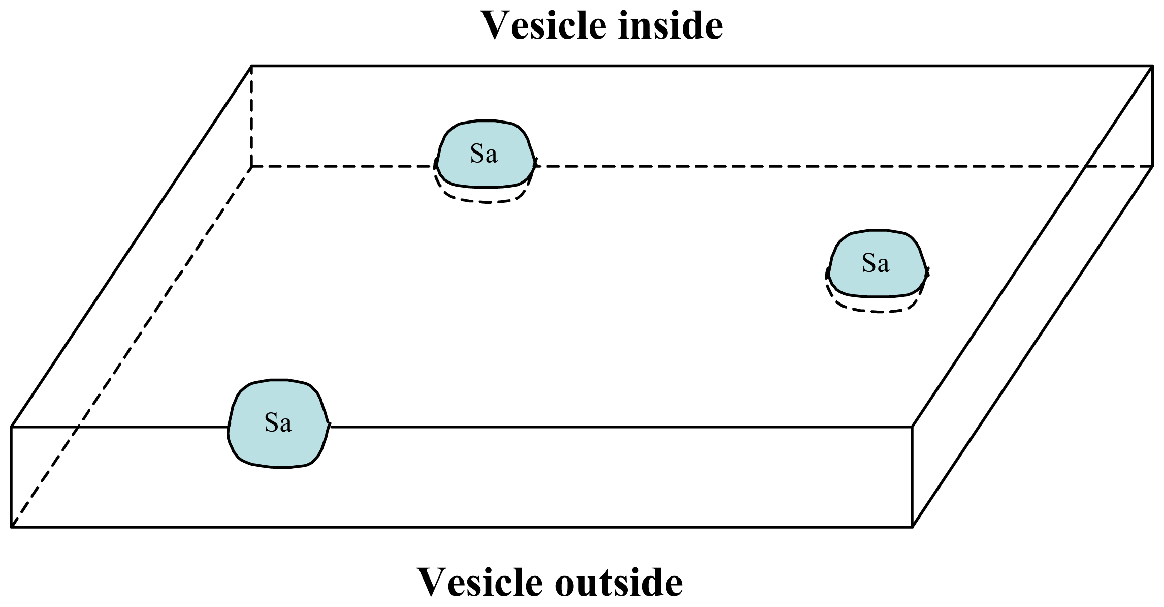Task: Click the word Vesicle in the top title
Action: (x=544, y=25)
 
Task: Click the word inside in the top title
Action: (x=670, y=25)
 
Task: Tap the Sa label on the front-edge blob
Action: (x=278, y=423)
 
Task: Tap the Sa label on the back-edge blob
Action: (x=483, y=154)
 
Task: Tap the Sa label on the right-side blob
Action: (x=876, y=263)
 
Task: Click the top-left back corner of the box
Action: (x=252, y=66)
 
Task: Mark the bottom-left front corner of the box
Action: (x=12, y=527)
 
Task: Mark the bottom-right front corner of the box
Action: (x=912, y=527)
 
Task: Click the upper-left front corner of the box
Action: (x=12, y=427)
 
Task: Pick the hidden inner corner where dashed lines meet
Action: (x=252, y=166)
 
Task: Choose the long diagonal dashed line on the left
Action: (x=132, y=346)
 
